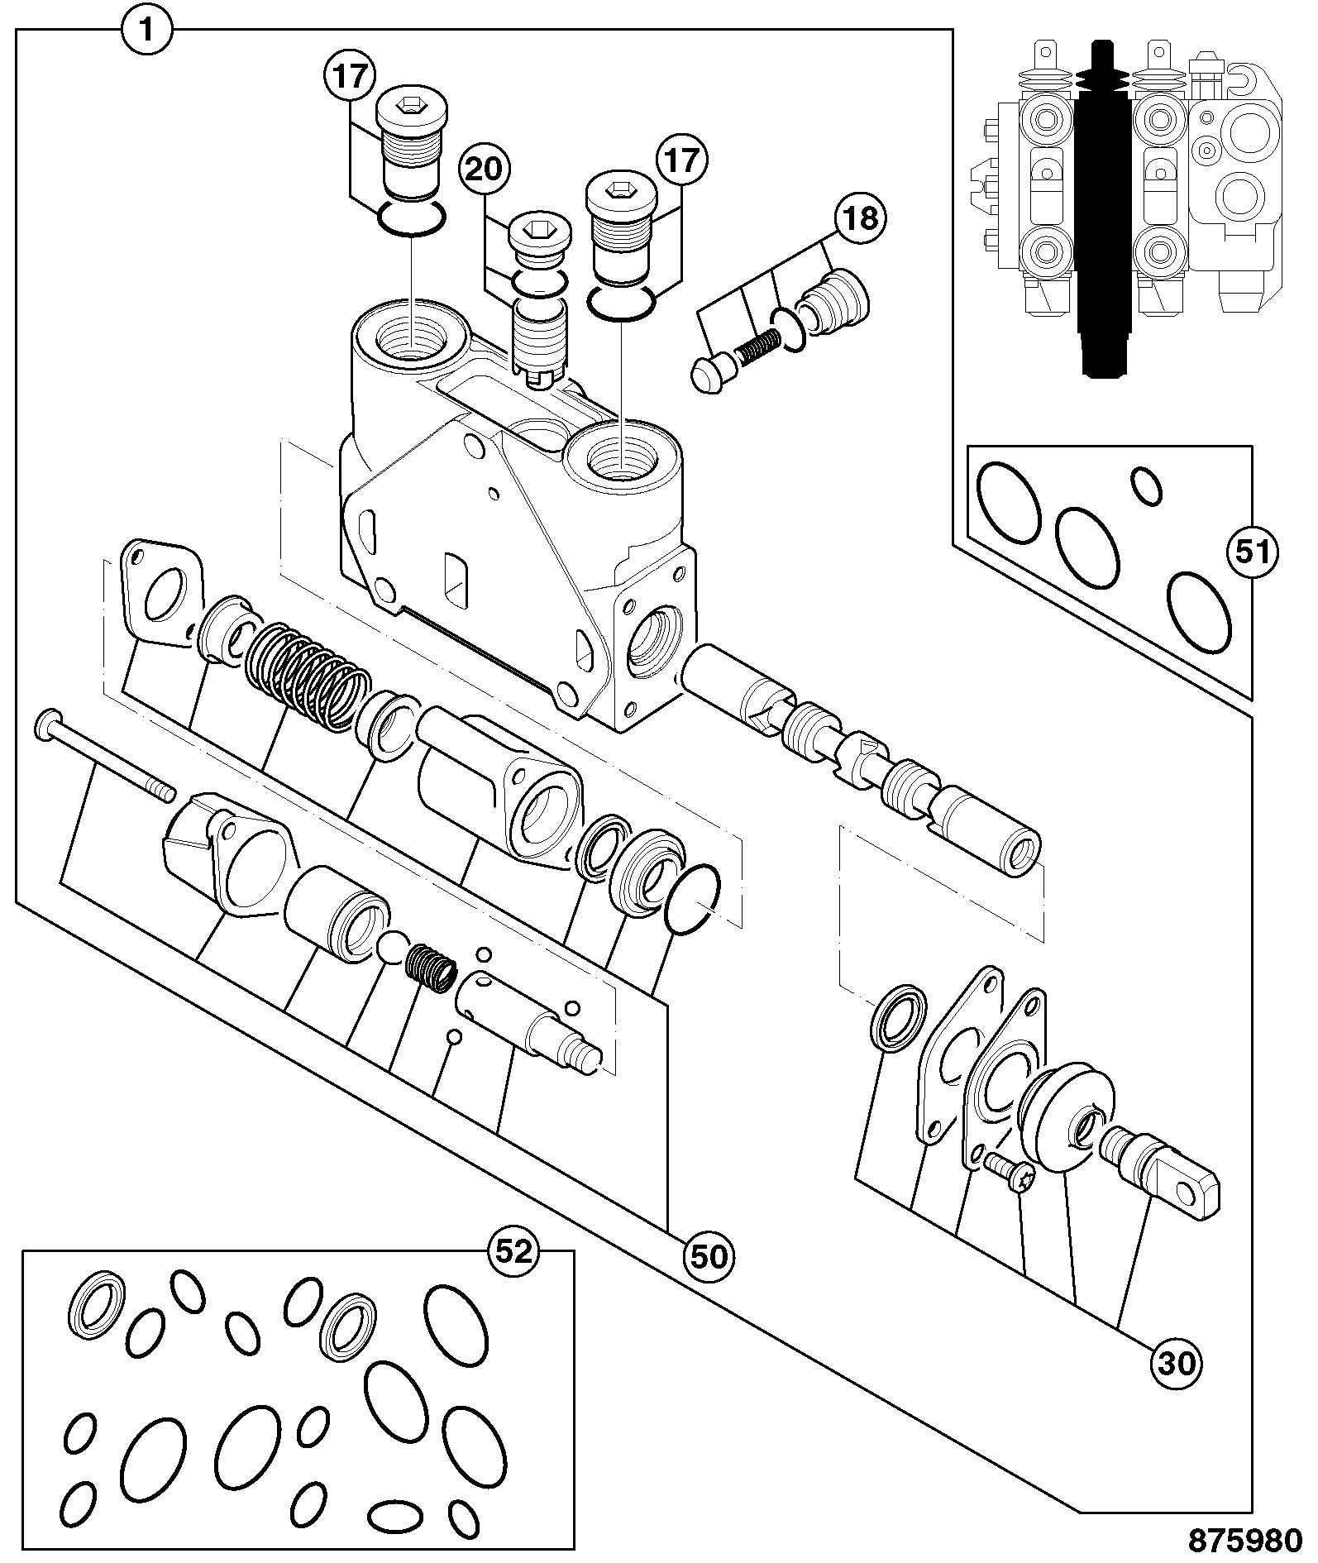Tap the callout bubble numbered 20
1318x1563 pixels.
(485, 170)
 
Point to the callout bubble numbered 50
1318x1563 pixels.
(709, 1256)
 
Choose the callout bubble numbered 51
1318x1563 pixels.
(1252, 552)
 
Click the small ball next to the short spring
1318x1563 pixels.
(393, 947)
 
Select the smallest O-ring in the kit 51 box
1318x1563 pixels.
(1146, 485)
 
